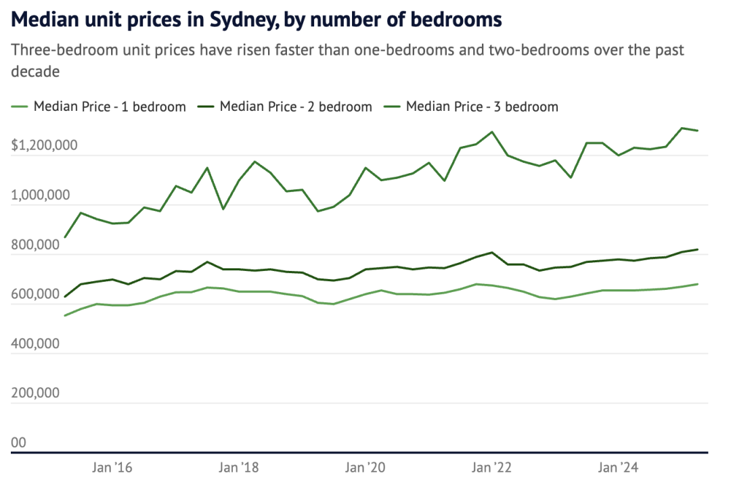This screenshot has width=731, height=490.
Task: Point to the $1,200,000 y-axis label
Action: point(45,145)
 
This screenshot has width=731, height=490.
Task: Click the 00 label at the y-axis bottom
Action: point(18,443)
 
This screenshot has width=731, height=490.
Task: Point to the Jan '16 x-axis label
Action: point(112,467)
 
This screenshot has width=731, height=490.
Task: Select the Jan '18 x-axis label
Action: point(239,467)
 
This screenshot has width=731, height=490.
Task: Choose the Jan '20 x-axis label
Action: point(365,467)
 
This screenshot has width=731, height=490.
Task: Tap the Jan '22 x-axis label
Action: point(492,467)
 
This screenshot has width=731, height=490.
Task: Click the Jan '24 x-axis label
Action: point(618,467)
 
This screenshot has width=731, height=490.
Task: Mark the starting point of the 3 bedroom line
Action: point(65,237)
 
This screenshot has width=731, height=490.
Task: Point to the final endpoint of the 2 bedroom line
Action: point(698,249)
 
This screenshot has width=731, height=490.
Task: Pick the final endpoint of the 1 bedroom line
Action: point(698,284)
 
